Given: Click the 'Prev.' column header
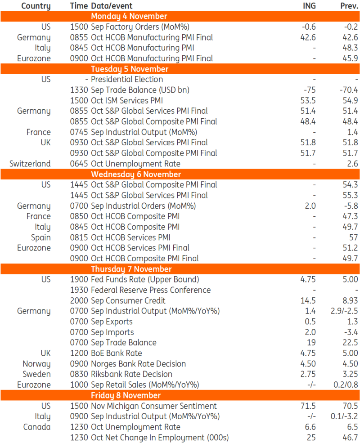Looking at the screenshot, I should pos(349,6).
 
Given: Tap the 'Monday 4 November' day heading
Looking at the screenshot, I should pos(129,17).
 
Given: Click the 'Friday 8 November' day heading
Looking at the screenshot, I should pos(126,395).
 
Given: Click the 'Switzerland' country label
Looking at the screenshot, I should pos(30,164).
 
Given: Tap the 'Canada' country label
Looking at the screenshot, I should pos(37,427).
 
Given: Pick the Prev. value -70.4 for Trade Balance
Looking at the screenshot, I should pos(349,90).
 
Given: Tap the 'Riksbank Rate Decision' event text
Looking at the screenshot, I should pos(131,374).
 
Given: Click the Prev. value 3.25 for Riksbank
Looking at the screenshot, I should pos(350,374).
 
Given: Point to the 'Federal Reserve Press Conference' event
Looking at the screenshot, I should pos(151,290).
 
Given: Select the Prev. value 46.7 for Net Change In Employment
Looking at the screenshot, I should pos(351,438).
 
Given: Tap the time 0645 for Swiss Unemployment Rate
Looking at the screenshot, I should pos(79,164).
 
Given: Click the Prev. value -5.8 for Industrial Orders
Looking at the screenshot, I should pos(351,206).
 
